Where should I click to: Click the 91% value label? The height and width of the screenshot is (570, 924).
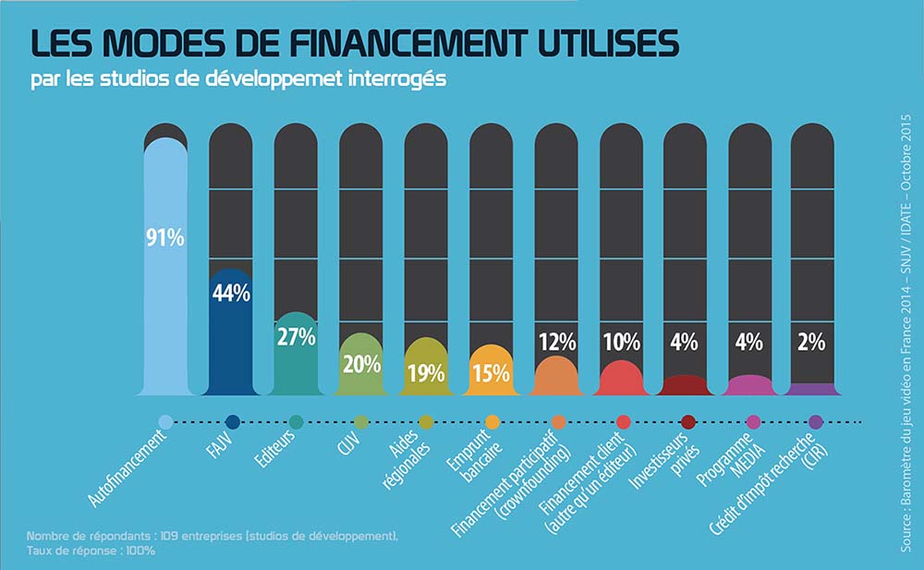pos(165,237)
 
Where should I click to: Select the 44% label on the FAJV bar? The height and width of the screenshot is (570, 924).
pos(231,293)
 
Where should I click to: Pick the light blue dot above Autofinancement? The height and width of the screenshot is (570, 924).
pos(165,422)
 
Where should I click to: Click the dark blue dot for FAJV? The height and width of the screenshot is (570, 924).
pos(232,422)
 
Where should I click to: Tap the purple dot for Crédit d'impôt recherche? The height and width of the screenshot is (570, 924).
pos(815,422)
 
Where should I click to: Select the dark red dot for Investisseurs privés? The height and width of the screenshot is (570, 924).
pos(687,422)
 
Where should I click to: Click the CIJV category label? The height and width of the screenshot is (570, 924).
pos(347,447)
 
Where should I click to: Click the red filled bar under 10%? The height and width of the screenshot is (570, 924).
pos(620,377)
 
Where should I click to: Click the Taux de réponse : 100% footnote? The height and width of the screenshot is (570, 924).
pos(91,551)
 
